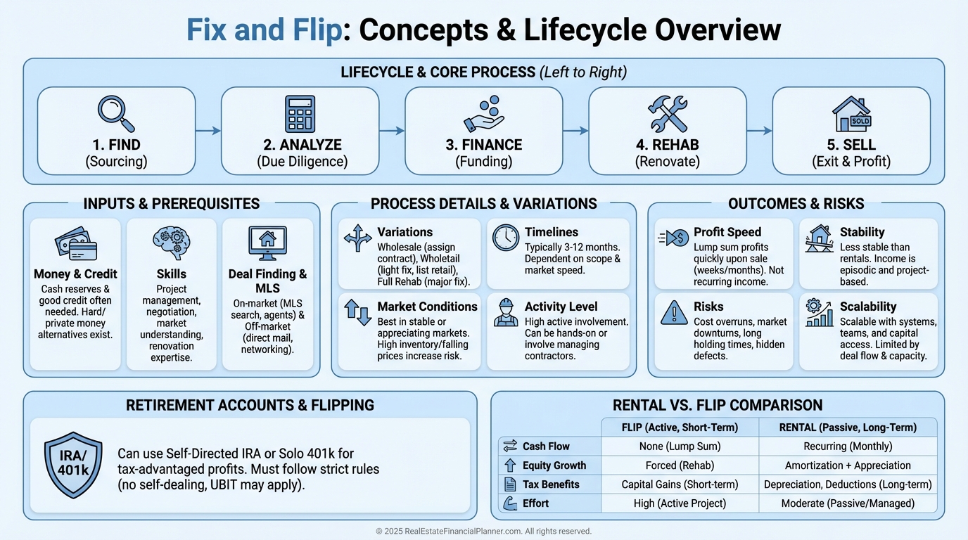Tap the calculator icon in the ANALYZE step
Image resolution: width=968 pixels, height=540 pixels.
click(x=300, y=114)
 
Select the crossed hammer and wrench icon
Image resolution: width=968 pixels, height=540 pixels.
click(x=667, y=114)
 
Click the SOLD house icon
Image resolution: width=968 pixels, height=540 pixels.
click(x=851, y=114)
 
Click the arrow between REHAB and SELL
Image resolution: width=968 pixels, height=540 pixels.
click(x=759, y=131)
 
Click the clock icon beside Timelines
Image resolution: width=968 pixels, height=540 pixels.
click(x=505, y=238)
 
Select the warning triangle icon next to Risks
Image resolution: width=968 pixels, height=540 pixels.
click(x=674, y=312)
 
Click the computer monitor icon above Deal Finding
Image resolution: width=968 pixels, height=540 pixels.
click(x=267, y=243)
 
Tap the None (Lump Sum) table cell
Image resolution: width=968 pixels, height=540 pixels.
click(x=680, y=446)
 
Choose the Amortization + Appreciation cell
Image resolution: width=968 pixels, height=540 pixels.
click(x=847, y=465)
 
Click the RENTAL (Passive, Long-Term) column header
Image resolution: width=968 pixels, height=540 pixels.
click(x=847, y=427)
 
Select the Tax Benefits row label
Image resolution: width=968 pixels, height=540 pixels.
click(x=551, y=484)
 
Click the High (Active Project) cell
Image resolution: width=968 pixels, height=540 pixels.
click(x=680, y=503)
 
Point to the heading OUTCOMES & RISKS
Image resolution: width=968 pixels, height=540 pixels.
click(x=796, y=204)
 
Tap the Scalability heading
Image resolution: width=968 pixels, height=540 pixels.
click(x=867, y=307)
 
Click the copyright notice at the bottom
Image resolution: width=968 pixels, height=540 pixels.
click(x=483, y=532)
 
